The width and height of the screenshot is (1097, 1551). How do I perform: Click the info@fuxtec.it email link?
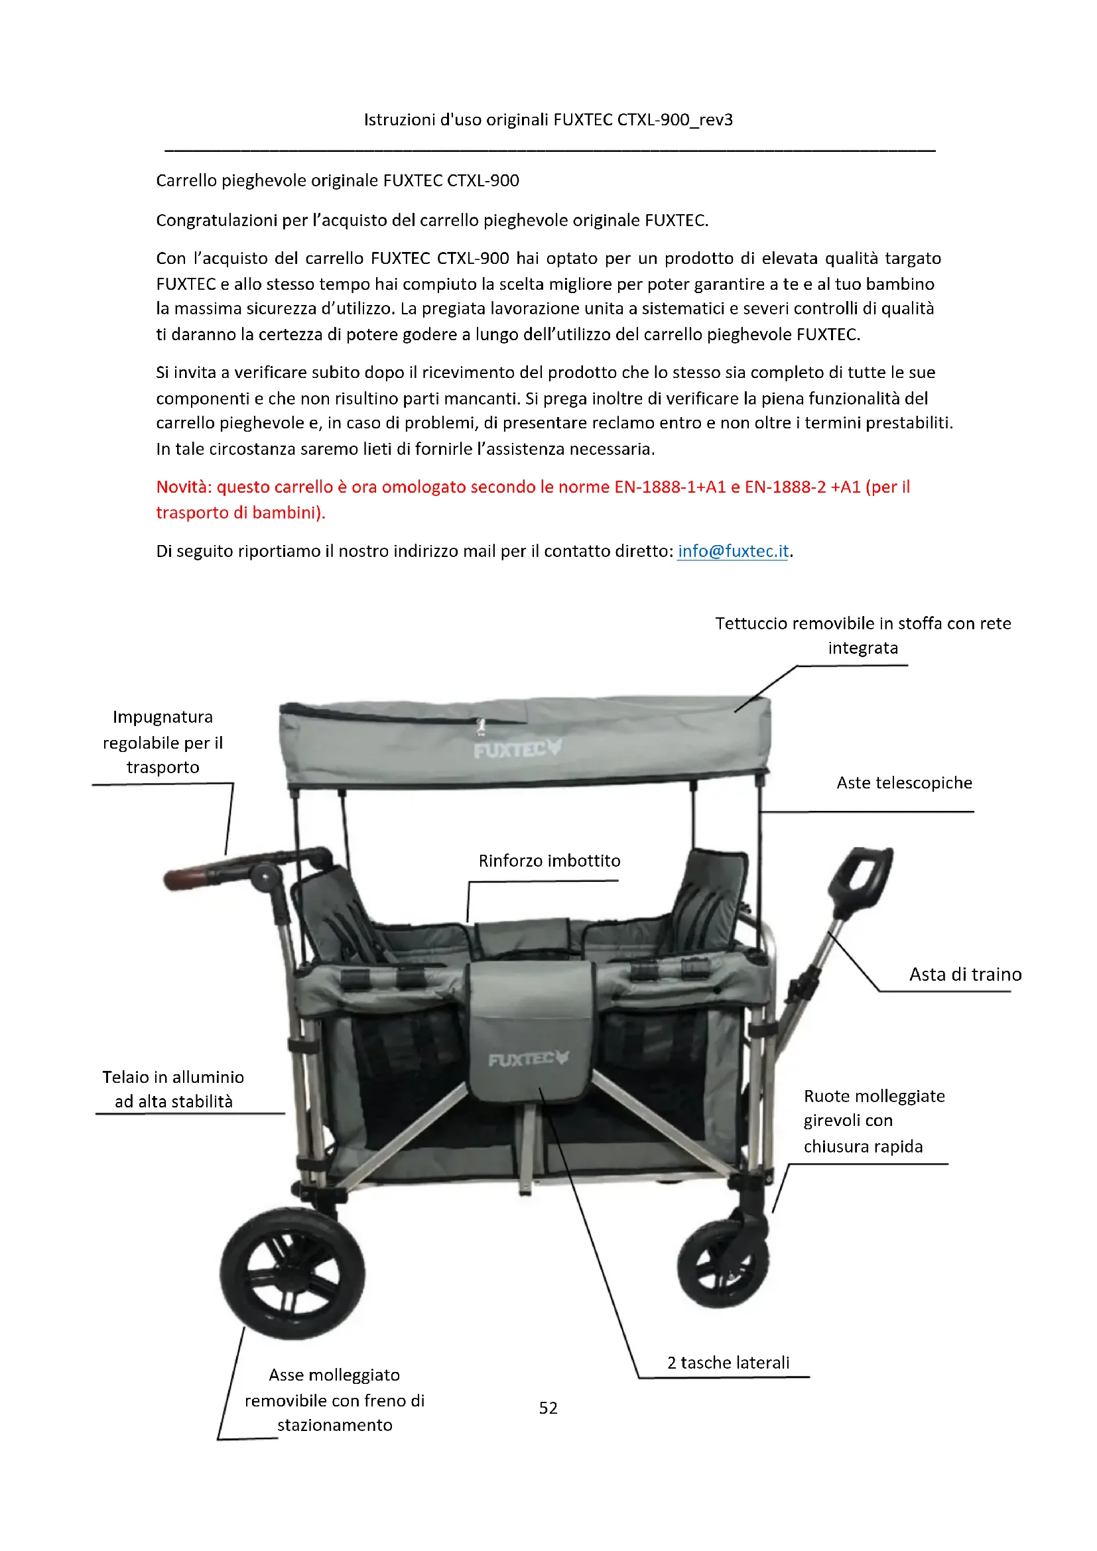click(733, 551)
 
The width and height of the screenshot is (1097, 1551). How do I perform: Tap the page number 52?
click(548, 1408)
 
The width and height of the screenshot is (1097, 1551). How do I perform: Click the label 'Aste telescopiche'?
click(904, 783)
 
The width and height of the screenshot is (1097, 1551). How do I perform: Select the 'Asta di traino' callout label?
click(964, 974)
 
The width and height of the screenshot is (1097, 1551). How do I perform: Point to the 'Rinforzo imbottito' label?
click(549, 861)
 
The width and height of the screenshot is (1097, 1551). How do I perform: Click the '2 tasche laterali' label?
click(728, 1363)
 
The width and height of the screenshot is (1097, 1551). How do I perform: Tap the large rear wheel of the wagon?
click(292, 1272)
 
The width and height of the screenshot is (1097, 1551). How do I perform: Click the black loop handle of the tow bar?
click(862, 877)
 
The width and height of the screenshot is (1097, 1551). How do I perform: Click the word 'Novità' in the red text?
click(183, 487)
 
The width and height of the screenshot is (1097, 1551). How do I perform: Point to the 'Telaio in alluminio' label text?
click(173, 1077)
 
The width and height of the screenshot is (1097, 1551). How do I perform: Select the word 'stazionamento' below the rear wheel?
click(334, 1426)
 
